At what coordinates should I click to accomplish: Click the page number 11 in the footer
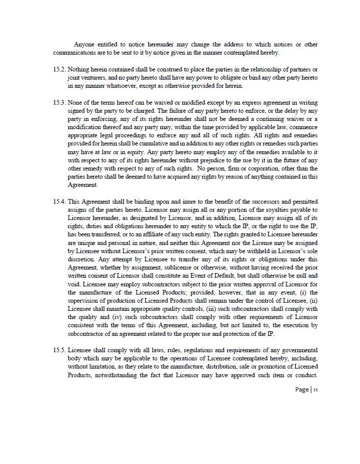pos(316,390)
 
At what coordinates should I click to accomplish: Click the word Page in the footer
pos(301,390)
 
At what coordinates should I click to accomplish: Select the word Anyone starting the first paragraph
pos(85,44)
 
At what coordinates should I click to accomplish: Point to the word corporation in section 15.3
pos(261,168)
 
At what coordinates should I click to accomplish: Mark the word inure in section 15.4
pos(183,202)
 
